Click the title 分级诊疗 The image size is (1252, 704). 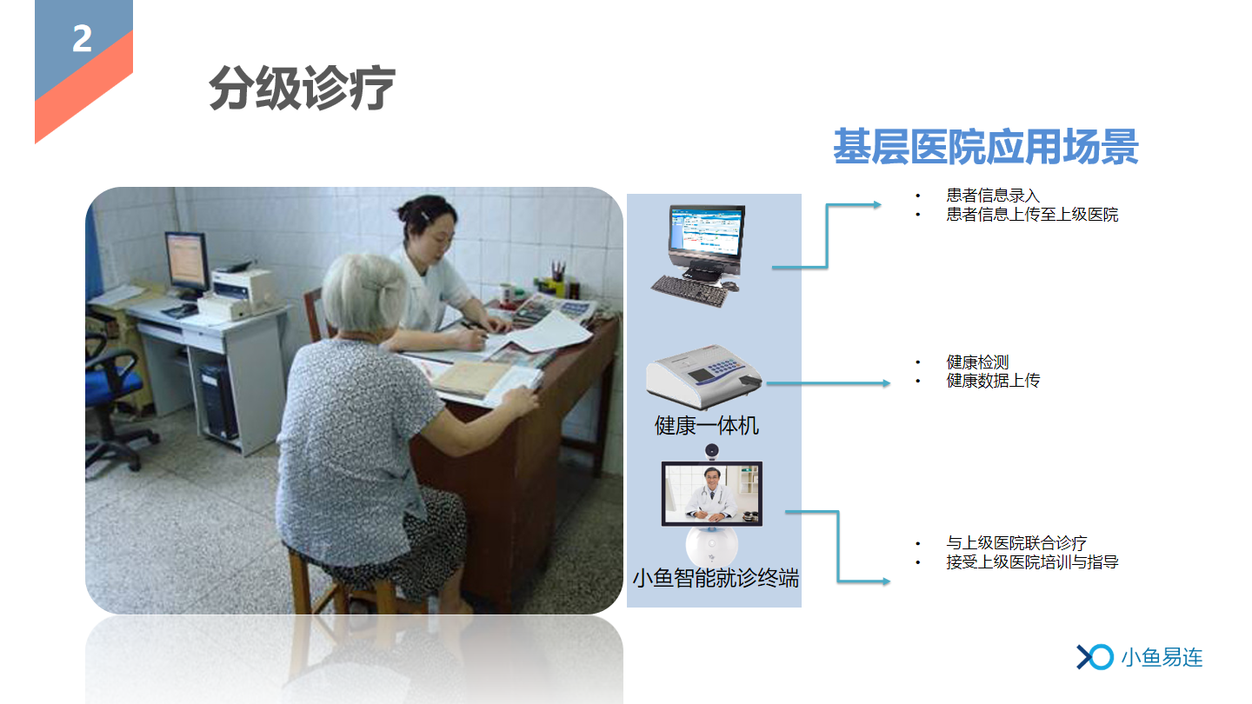[x=303, y=88]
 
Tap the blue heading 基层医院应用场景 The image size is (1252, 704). [x=985, y=146]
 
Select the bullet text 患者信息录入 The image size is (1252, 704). [x=993, y=196]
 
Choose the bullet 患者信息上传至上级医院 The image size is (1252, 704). [x=1032, y=215]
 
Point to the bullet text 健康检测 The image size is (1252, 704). [x=977, y=362]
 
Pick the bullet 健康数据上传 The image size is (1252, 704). [x=993, y=381]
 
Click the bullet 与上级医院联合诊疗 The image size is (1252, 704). [x=1016, y=542]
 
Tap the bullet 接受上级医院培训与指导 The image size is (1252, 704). [x=1032, y=561]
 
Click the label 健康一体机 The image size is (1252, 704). [x=707, y=426]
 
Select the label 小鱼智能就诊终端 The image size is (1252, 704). [x=716, y=578]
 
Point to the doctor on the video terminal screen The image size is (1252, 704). [x=711, y=495]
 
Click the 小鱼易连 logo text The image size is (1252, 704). [x=1162, y=658]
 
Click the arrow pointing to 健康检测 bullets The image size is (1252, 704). [x=829, y=383]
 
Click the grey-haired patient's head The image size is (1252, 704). [x=364, y=294]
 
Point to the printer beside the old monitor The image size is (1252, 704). [x=242, y=294]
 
